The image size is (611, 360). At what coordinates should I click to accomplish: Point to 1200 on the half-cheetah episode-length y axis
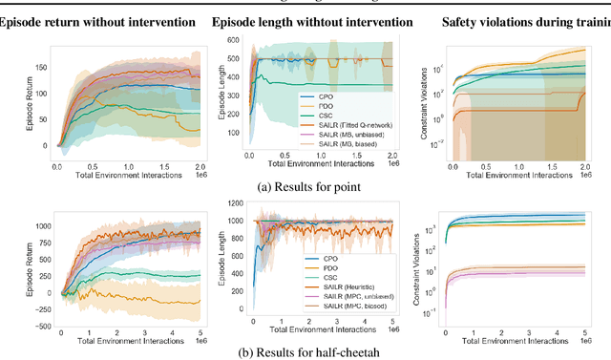tap(237, 202)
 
